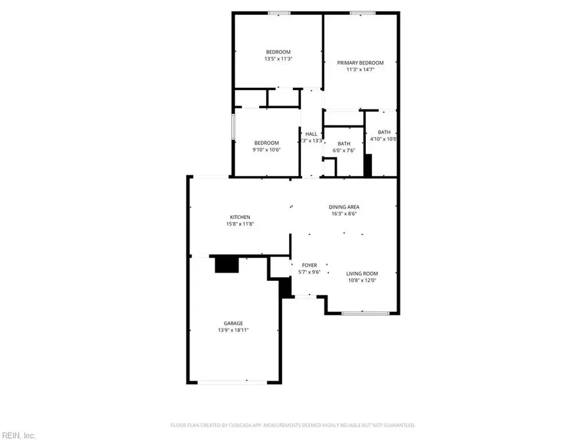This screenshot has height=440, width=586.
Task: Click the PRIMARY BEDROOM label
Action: point(360,63)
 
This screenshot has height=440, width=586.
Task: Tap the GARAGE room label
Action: point(234,323)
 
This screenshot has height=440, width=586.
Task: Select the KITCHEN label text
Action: point(240,217)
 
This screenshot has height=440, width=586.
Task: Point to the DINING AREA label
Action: point(343,207)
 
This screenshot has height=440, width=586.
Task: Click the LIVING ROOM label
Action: point(362,274)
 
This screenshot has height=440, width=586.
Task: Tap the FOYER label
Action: point(309,265)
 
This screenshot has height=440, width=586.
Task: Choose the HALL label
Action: point(311,134)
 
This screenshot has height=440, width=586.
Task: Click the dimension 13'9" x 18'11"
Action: point(234,330)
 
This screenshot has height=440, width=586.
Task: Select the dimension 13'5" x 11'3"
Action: point(277,59)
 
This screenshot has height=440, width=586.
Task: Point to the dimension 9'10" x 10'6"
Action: point(266,150)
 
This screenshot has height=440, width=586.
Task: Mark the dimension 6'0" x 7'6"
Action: point(344,151)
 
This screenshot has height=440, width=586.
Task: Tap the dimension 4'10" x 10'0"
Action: point(384,139)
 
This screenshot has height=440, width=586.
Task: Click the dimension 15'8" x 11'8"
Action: point(240,224)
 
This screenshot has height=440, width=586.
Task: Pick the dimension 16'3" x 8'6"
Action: point(343,214)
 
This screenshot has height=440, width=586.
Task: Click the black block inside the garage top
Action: point(227,264)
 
